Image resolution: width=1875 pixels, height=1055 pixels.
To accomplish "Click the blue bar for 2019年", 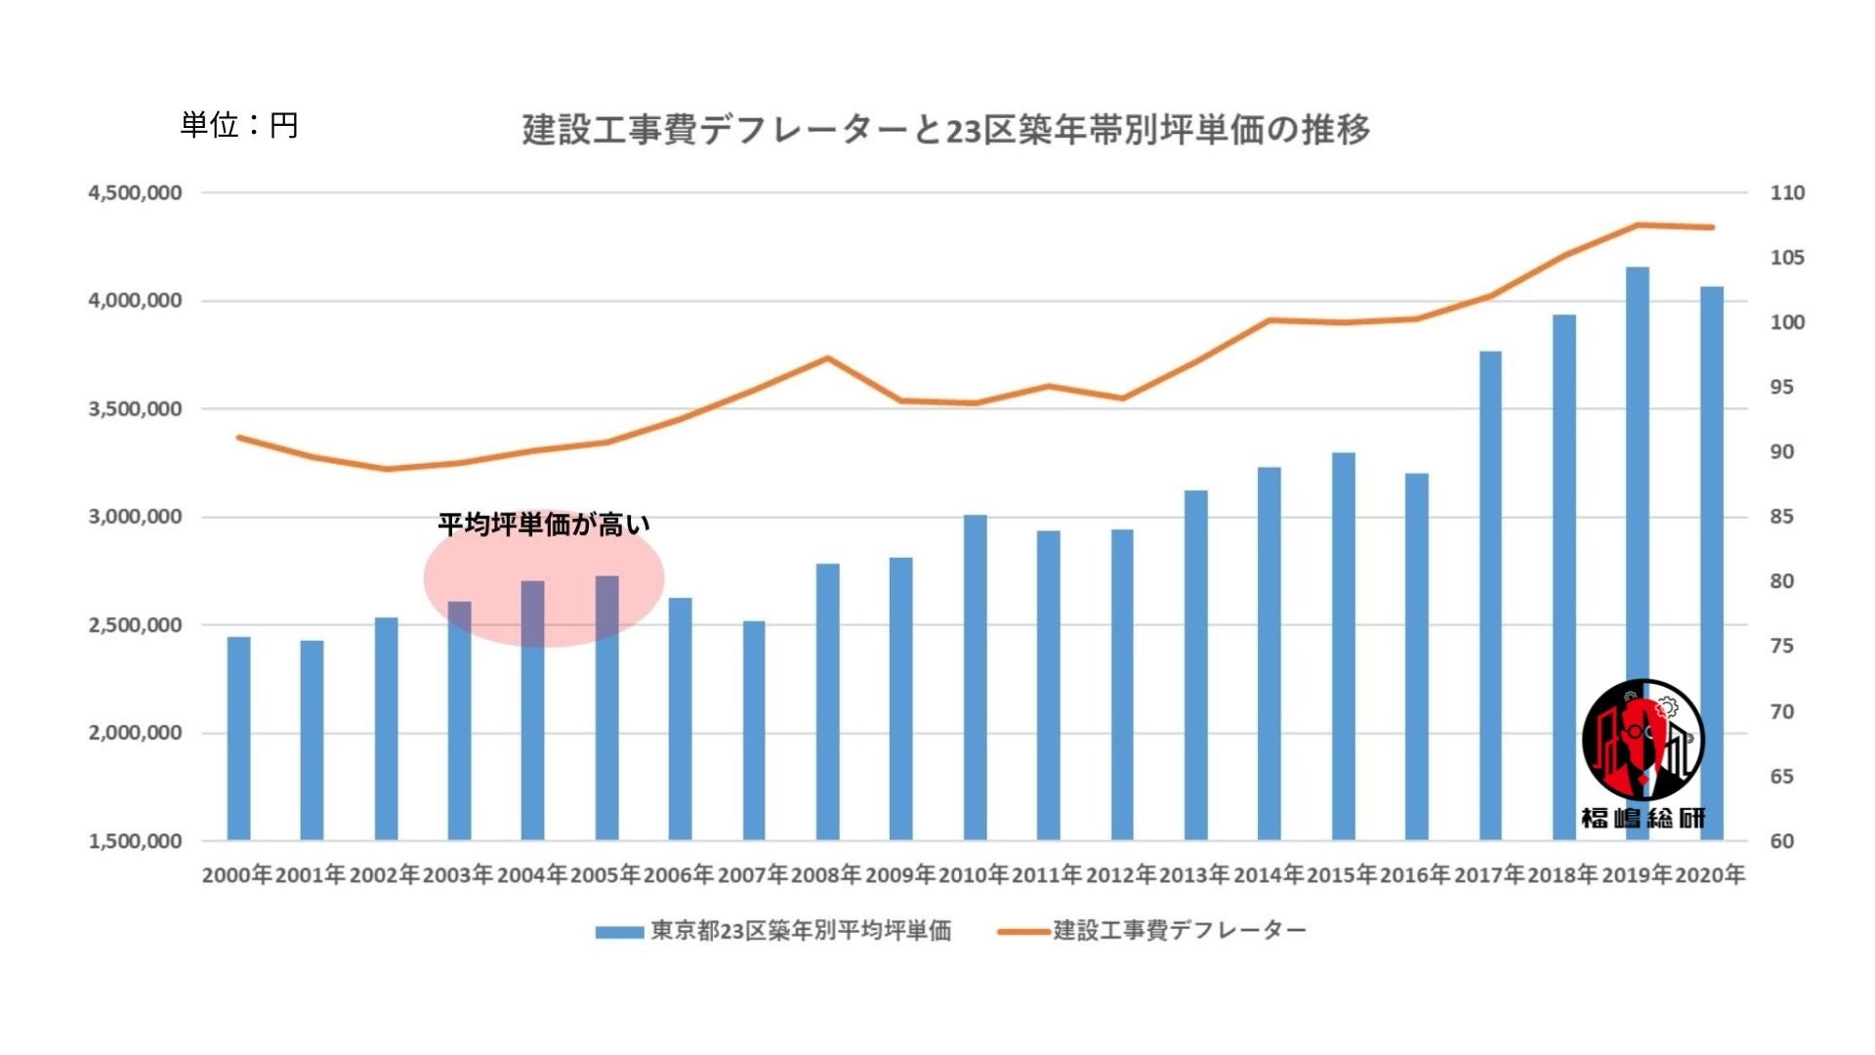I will pyautogui.click(x=1638, y=469).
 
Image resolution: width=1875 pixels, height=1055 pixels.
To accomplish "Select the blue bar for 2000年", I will pyautogui.click(x=239, y=738).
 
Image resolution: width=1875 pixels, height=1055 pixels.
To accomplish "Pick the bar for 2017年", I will pyautogui.click(x=1490, y=595).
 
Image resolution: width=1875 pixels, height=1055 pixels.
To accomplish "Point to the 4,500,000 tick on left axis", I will pyautogui.click(x=135, y=193).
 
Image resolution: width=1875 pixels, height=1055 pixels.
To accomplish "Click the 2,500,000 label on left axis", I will pyautogui.click(x=135, y=625).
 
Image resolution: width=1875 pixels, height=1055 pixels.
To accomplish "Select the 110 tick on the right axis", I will pyautogui.click(x=1787, y=193).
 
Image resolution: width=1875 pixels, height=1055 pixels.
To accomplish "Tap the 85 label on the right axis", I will pyautogui.click(x=1782, y=517).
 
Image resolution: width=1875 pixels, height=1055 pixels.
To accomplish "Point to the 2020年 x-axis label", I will pyautogui.click(x=1710, y=874).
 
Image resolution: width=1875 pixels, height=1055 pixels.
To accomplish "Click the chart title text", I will pyautogui.click(x=945, y=129).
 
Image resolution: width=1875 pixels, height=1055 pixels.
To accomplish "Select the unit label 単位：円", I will pyautogui.click(x=239, y=125).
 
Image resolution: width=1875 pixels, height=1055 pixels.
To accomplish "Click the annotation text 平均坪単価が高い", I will pyautogui.click(x=543, y=525).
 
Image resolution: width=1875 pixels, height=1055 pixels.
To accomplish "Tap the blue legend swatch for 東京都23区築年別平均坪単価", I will pyautogui.click(x=619, y=932).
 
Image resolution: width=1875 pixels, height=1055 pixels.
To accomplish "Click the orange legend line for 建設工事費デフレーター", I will pyautogui.click(x=1023, y=932).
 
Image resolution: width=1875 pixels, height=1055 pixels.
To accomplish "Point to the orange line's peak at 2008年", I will pyautogui.click(x=827, y=359).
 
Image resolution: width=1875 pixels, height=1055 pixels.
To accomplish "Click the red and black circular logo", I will pyautogui.click(x=1643, y=740).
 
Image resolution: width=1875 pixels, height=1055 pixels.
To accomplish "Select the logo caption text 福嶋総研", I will pyautogui.click(x=1643, y=819).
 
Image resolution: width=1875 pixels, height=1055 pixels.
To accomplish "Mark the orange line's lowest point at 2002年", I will pyautogui.click(x=387, y=469).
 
